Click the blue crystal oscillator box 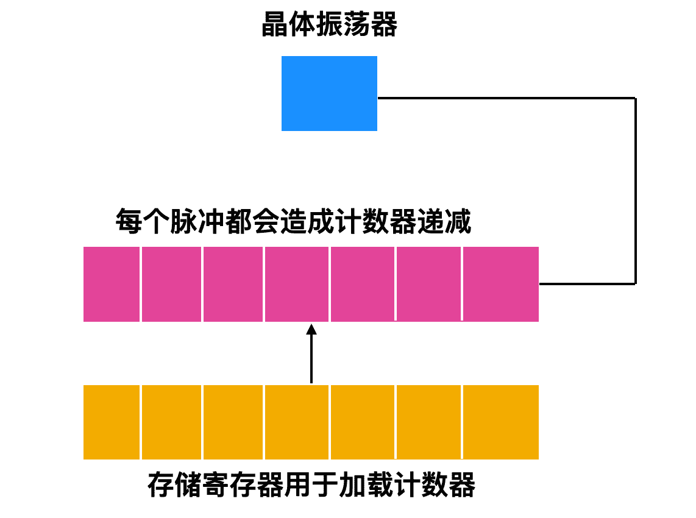pos(329,93)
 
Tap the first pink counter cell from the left pos(112,284)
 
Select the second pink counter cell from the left pos(172,284)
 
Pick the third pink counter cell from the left pos(233,284)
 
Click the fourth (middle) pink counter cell pos(297,284)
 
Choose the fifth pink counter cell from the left pos(363,284)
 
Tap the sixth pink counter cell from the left pos(429,284)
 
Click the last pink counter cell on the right pos(501,284)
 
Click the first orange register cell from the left pos(112,422)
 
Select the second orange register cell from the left pos(172,422)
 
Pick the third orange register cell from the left pos(233,422)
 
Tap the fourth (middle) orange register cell pos(297,422)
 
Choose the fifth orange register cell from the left pos(363,422)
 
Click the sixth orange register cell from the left pos(429,422)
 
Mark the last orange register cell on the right pos(501,422)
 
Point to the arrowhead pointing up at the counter pos(311,330)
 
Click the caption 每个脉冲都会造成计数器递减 pos(293,222)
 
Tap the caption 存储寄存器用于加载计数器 pos(311,486)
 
